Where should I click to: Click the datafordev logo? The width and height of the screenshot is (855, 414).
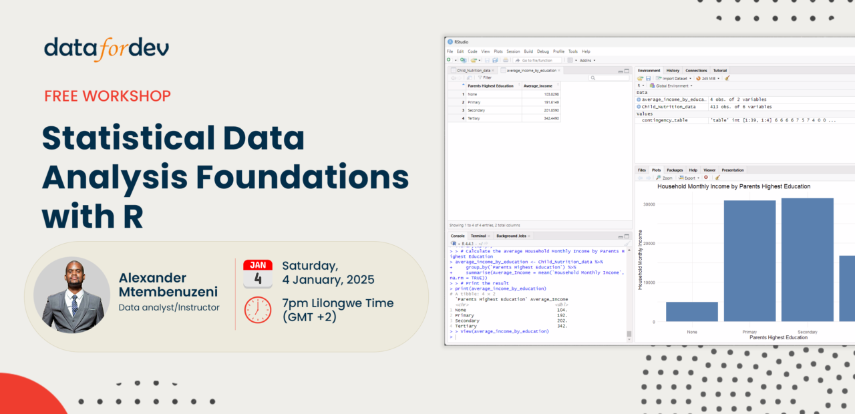coord(106,48)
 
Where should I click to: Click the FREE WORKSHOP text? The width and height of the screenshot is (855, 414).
coord(108,95)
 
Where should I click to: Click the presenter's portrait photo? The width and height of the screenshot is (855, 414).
coord(71,295)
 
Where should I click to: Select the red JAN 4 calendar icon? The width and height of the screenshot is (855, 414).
coord(258,274)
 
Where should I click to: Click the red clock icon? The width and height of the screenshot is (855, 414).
coord(258,310)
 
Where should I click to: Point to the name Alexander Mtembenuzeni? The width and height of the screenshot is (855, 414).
coord(168,285)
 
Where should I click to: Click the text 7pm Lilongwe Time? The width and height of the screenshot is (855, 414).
coord(337,302)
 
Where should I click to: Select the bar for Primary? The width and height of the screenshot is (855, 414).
coord(749,260)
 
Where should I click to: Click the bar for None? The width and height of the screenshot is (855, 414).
coord(692,311)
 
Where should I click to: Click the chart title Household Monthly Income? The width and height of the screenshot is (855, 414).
coord(733,186)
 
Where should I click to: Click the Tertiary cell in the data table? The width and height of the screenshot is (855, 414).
coord(473,118)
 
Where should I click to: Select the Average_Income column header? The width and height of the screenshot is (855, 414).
coord(538,85)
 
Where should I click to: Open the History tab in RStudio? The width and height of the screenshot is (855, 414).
coord(673,70)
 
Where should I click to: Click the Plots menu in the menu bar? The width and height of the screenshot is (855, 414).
coord(498,51)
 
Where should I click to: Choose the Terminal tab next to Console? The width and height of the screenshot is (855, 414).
coord(478,236)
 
